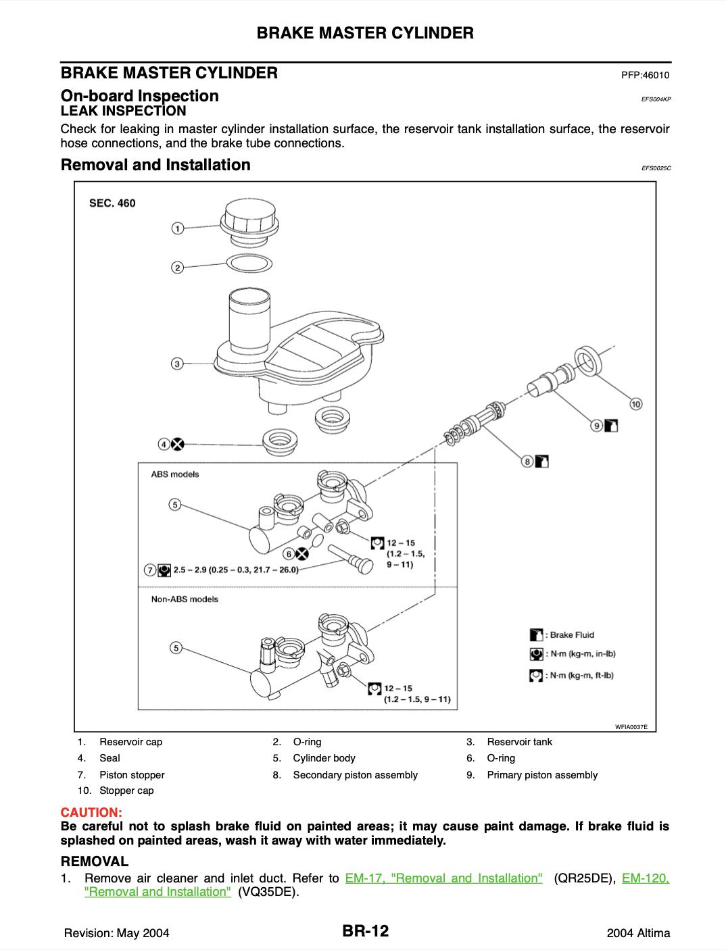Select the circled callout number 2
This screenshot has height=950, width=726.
tap(177, 268)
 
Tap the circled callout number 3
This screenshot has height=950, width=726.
tap(176, 364)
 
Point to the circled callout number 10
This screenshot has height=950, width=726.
tap(635, 404)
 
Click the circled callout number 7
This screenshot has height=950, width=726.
tap(150, 570)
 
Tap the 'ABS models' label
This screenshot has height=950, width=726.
tap(175, 474)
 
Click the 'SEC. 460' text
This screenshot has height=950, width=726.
tap(113, 203)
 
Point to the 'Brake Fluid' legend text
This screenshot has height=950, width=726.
tap(571, 634)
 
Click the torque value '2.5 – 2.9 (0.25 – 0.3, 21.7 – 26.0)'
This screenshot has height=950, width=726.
tap(236, 570)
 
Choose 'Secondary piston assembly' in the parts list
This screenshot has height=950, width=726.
tap(355, 775)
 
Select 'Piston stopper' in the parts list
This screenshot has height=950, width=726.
tap(132, 775)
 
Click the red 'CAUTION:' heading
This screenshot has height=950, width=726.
tap(91, 810)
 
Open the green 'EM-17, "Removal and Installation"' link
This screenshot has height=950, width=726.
tap(443, 878)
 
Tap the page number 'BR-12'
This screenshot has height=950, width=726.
tap(365, 932)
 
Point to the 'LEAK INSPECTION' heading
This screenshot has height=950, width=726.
tap(123, 111)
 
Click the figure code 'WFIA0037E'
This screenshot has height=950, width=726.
tap(631, 727)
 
